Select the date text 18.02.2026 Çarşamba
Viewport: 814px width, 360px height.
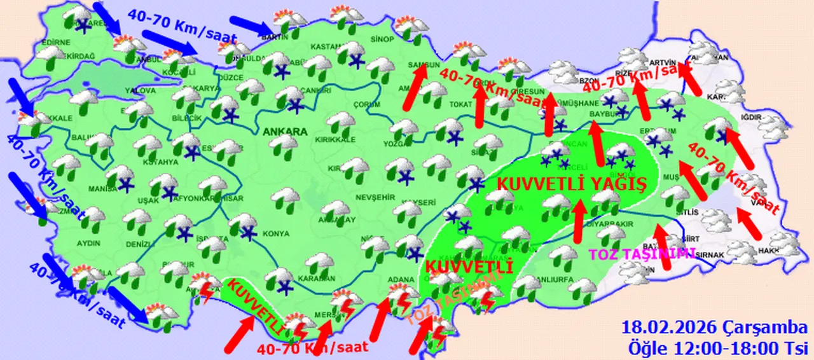(x=715, y=328)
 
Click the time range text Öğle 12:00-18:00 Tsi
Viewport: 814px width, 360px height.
(x=718, y=347)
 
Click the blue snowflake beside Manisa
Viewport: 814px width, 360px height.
(x=127, y=186)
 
